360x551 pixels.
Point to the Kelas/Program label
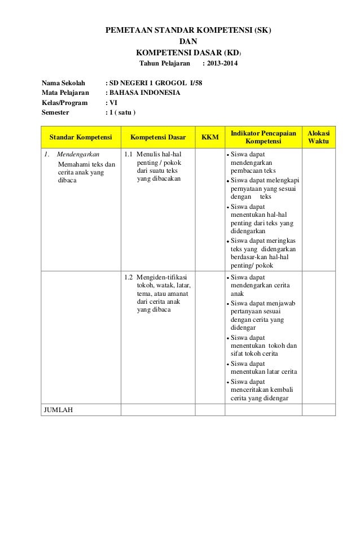pos(65,103)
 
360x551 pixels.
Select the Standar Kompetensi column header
pos(81,137)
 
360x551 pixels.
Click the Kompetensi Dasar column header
pos(158,137)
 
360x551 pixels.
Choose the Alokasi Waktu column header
pos(319,136)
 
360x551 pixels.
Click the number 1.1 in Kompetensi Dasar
pos(128,154)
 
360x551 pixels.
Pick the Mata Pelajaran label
pos(65,93)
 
